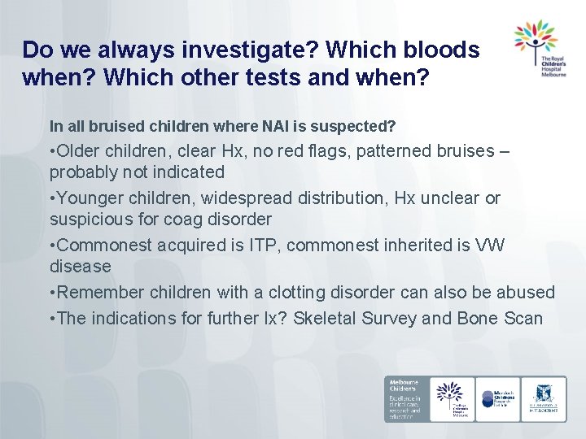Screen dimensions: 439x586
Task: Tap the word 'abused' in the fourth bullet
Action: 527,292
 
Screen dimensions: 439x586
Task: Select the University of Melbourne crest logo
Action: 544,398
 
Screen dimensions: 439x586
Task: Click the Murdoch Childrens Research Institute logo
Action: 497,398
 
